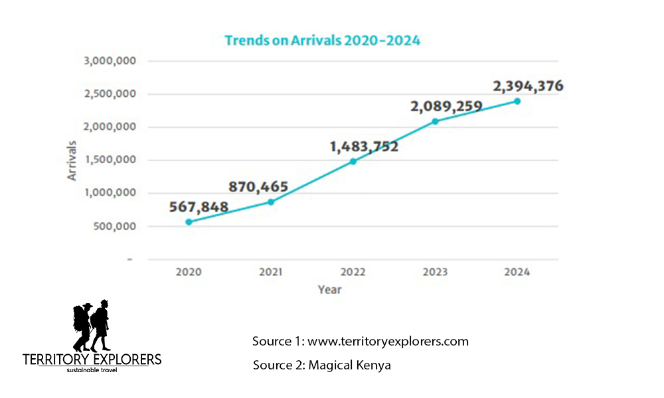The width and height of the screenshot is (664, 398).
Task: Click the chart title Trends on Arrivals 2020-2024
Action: [322, 40]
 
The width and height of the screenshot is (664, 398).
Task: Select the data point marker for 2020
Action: [189, 222]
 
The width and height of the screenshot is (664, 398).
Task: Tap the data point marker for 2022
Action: [353, 161]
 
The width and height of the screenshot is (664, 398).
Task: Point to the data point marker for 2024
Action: [517, 101]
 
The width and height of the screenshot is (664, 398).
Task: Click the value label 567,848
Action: [189, 207]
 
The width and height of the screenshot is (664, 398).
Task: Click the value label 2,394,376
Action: [528, 86]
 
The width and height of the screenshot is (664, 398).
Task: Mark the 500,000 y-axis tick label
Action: [115, 226]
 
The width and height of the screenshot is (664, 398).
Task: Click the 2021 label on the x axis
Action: [271, 272]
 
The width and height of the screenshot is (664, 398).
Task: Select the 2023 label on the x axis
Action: [435, 272]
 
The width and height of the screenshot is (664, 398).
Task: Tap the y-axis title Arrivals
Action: [72, 160]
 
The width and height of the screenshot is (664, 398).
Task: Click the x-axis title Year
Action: [329, 289]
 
